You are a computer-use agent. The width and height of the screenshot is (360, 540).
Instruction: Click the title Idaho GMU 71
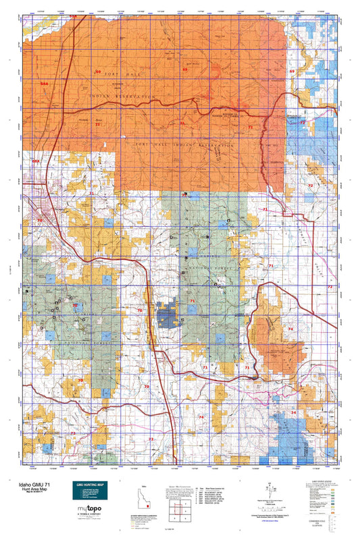[28, 485]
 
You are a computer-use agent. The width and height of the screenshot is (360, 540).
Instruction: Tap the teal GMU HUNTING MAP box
[89, 491]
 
